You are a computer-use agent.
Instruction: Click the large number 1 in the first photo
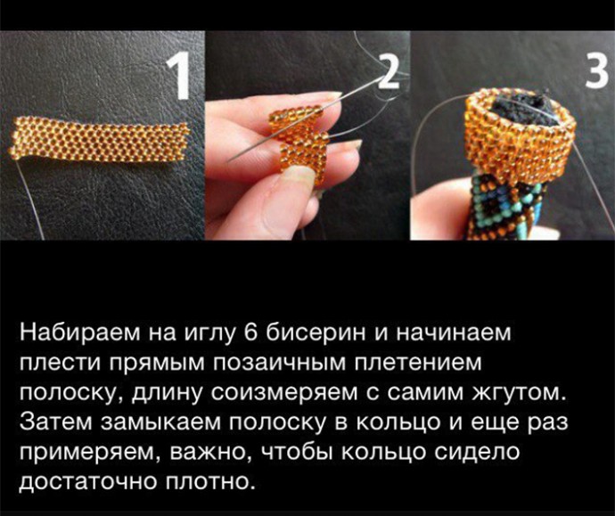pos(179,78)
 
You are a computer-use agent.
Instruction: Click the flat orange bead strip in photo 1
pos(99,139)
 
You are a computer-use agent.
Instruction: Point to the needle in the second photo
pos(306,118)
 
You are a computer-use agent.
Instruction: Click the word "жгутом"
pos(521,393)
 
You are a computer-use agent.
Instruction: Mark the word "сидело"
pos(478,453)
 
